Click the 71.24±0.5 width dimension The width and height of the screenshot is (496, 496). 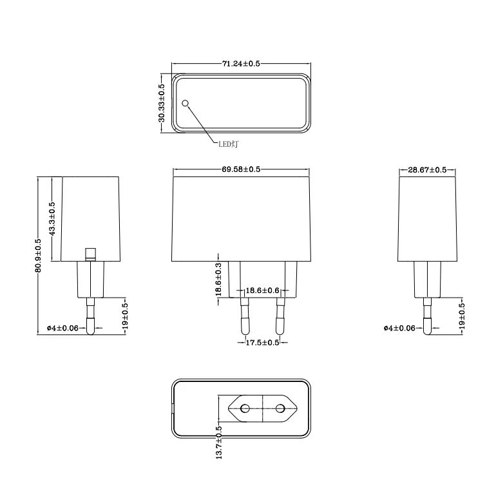click(x=241, y=64)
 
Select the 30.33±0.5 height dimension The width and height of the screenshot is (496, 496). click(x=161, y=103)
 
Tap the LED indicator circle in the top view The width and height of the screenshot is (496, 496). click(x=186, y=103)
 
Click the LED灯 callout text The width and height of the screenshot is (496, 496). click(x=229, y=144)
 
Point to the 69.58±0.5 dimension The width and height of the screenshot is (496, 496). click(x=241, y=169)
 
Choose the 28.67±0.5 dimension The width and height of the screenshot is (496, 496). click(x=427, y=170)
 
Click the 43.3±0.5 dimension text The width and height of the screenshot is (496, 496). click(x=52, y=219)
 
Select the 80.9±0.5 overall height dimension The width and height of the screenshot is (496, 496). click(x=38, y=256)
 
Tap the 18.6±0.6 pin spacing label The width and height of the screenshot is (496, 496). click(x=263, y=291)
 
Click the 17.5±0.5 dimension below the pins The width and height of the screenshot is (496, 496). click(x=263, y=343)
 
